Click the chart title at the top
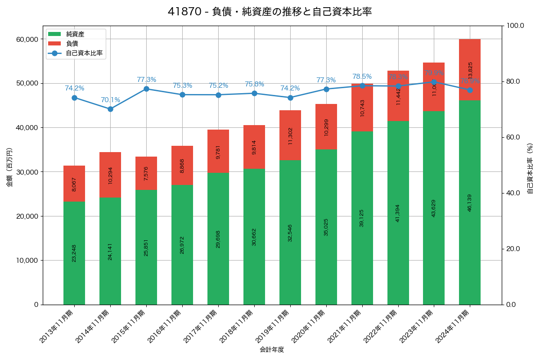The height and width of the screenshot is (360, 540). click(270, 12)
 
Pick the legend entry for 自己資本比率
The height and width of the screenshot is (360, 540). click(81, 53)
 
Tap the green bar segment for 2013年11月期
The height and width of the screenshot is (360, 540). click(74, 253)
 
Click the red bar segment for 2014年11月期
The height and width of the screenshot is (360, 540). click(110, 175)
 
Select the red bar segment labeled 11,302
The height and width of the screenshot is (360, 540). click(290, 135)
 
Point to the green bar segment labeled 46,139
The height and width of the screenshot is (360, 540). click(470, 202)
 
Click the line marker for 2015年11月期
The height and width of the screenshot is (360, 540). click(146, 89)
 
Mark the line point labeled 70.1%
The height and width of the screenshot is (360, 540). click(110, 109)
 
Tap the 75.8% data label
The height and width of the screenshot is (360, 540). click(254, 84)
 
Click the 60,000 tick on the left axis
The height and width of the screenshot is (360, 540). click(27, 39)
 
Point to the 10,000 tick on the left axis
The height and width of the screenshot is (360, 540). click(27, 261)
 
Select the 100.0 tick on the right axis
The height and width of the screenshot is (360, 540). click(515, 26)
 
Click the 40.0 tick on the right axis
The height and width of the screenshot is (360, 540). click(513, 193)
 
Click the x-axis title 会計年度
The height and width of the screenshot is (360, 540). click(272, 350)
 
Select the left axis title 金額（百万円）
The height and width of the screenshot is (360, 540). click(9, 167)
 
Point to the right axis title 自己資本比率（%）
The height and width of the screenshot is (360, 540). click(530, 168)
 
